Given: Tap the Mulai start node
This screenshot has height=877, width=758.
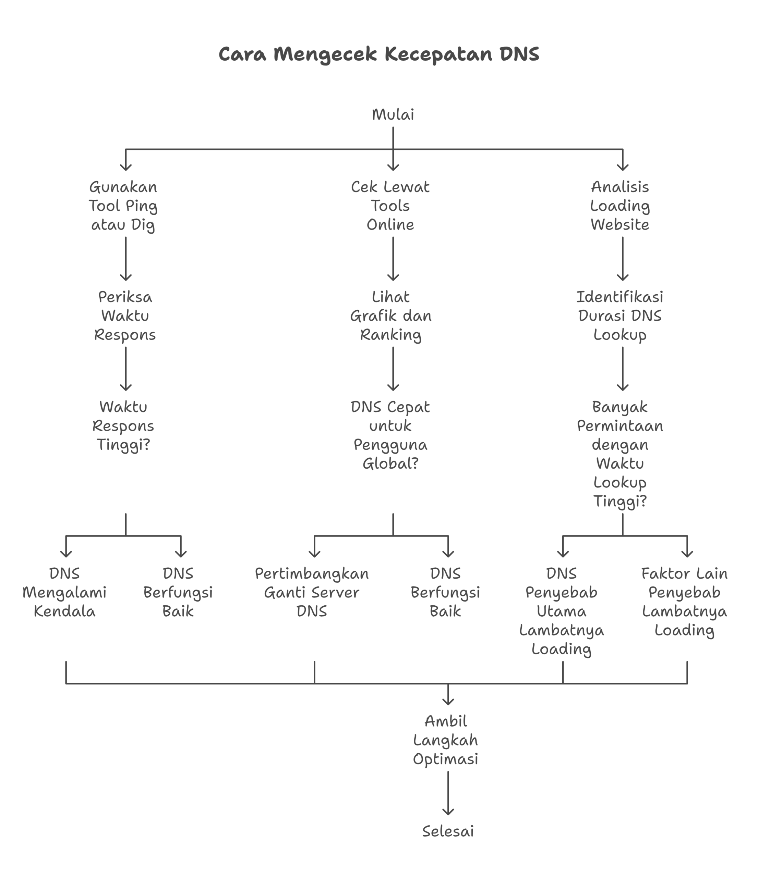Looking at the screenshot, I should pyautogui.click(x=393, y=115).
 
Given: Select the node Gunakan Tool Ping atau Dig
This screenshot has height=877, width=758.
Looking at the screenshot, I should pyautogui.click(x=123, y=206).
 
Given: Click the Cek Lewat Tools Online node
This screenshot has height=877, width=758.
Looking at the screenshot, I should pyautogui.click(x=390, y=206).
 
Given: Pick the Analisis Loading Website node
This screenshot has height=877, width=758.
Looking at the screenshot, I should pyautogui.click(x=620, y=206).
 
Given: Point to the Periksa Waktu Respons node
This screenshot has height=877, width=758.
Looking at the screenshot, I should pyautogui.click(x=125, y=316).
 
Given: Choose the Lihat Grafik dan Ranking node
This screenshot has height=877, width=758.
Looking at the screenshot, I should pyautogui.click(x=390, y=316).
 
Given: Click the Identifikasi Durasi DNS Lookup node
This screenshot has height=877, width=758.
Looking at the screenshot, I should pyautogui.click(x=620, y=316).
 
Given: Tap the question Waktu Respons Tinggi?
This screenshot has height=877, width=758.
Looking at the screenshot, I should pyautogui.click(x=123, y=426).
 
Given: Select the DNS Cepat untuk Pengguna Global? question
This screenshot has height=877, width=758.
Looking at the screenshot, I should pyautogui.click(x=390, y=435).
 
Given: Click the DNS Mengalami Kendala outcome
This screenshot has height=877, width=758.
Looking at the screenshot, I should pyautogui.click(x=65, y=593).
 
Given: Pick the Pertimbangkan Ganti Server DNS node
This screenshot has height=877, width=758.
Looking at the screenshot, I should pyautogui.click(x=312, y=593).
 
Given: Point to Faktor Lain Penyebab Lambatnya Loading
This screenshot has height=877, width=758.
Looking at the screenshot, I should pyautogui.click(x=684, y=602).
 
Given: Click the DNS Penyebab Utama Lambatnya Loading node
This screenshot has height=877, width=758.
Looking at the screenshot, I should pyautogui.click(x=562, y=611).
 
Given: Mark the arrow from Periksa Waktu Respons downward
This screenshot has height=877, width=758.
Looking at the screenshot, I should pyautogui.click(x=126, y=368).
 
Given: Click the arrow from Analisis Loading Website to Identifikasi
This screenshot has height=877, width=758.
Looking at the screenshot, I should pyautogui.click(x=623, y=258).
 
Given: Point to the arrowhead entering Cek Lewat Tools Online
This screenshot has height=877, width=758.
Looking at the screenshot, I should pyautogui.click(x=393, y=167).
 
